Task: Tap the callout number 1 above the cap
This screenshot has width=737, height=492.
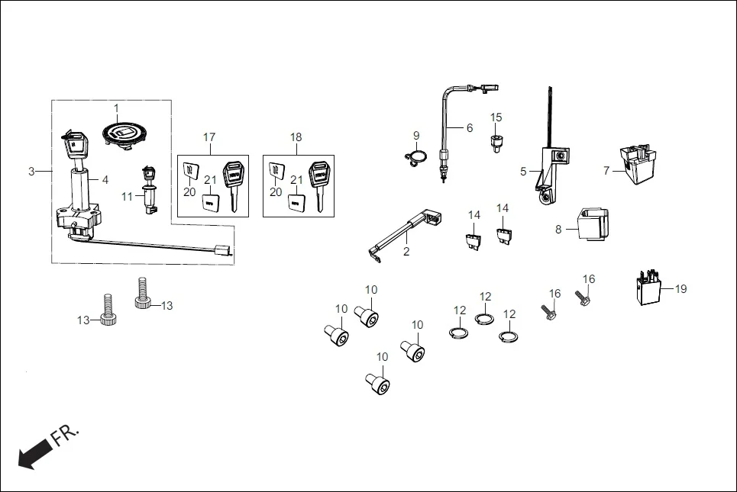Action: (117, 108)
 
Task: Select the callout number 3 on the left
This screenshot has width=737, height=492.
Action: (31, 172)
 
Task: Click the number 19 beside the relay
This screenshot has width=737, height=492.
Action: (680, 289)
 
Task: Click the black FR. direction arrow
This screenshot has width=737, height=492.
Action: (31, 456)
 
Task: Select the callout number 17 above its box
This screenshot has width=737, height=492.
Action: (209, 137)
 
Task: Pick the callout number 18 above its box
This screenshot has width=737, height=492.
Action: (296, 137)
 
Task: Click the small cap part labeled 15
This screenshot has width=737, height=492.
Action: (496, 142)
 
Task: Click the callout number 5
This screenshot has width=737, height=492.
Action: (524, 172)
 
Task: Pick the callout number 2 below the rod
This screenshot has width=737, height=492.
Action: (406, 251)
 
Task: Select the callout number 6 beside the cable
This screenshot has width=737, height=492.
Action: (470, 128)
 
